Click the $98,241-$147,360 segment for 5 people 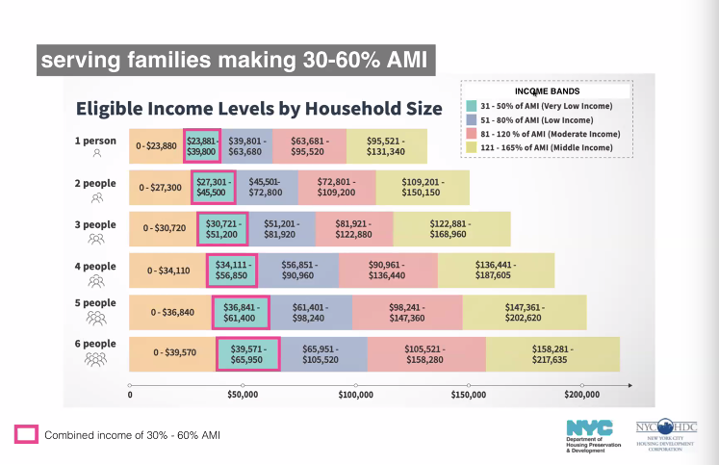tap(406, 312)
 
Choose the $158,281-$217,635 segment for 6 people tap(552, 353)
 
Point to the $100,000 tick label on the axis tap(356, 395)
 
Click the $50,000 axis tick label tap(243, 395)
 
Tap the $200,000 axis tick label tap(582, 395)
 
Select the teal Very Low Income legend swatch tap(472, 106)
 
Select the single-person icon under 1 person tap(96, 153)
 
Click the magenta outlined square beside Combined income tap(26, 435)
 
